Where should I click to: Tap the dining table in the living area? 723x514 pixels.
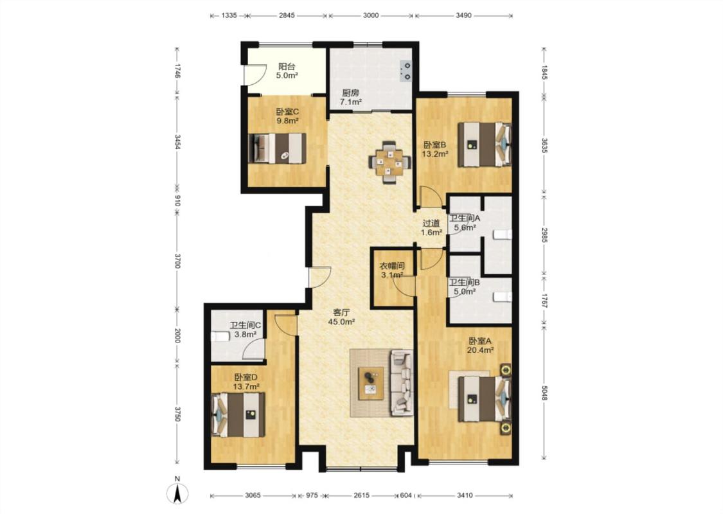pos(389,163)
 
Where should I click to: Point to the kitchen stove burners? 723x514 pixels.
pos(406,71)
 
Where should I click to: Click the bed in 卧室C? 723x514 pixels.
pos(277,148)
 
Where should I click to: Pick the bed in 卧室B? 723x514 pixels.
pos(485,144)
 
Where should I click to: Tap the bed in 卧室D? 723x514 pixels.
pos(238,414)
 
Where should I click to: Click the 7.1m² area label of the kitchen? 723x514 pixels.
pos(350,102)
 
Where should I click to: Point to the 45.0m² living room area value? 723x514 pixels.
pos(341,322)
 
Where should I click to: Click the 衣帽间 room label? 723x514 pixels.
pos(392,266)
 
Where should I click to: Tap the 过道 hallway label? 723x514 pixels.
pos(432,223)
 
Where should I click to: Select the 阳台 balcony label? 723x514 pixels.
pos(287,66)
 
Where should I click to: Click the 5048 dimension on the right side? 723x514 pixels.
pos(544,393)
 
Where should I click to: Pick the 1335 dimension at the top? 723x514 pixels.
pos(229,15)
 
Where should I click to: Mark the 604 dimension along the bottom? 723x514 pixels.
pos(406,495)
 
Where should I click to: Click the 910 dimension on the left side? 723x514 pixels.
pos(177,202)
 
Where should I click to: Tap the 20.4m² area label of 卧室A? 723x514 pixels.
pos(481,350)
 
